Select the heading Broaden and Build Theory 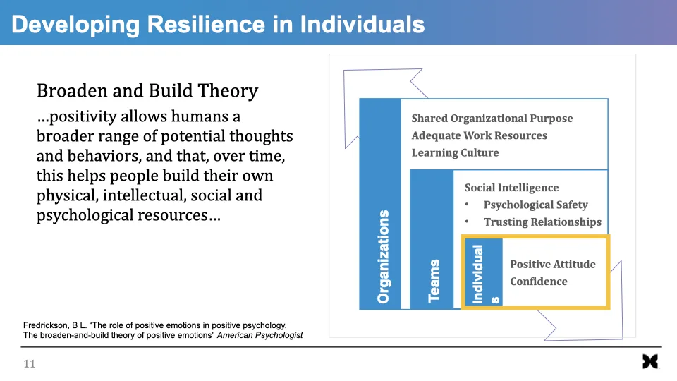click(x=147, y=91)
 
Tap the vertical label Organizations click(x=384, y=256)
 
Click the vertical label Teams click(x=434, y=280)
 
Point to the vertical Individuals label click(x=479, y=274)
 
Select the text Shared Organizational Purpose click(x=492, y=119)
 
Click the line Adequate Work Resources click(x=479, y=135)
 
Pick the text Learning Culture click(x=455, y=152)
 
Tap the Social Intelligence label click(x=511, y=188)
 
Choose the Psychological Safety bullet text click(x=535, y=205)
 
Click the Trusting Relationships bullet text click(x=542, y=222)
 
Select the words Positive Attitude click(x=552, y=264)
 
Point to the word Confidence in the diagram click(x=538, y=282)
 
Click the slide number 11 click(x=29, y=364)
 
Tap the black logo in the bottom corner click(x=650, y=362)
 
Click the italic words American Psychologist click(x=260, y=335)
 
